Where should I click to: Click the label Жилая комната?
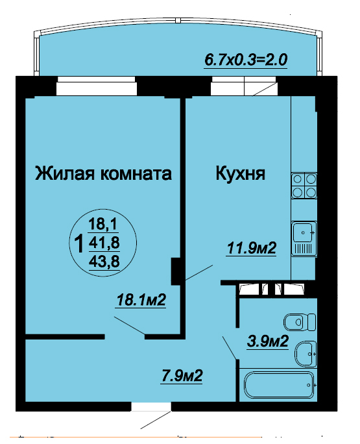103,173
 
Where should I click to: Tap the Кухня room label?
241,173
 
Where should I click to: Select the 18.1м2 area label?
141,300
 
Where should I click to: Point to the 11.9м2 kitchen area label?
251,249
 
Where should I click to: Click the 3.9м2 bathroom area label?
267,341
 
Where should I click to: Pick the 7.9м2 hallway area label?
182,376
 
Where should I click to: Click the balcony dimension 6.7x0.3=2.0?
246,60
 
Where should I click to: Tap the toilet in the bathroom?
300,322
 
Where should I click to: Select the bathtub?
279,385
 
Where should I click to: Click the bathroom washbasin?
306,354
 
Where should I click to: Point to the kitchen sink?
304,238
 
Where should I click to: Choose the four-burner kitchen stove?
304,186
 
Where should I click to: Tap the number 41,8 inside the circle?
104,243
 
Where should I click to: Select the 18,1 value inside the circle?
103,224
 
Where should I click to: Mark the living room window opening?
97,86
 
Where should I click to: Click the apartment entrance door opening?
151,406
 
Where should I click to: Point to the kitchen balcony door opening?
244,86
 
